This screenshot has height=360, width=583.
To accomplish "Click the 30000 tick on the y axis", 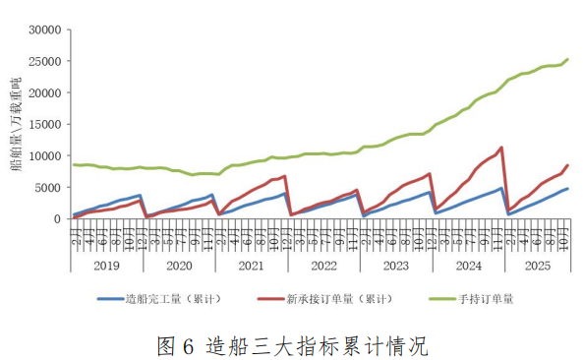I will (x=43, y=30).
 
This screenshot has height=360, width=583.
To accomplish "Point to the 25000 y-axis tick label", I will (x=43, y=61).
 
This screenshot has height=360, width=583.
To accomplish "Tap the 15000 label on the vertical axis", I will (x=43, y=124).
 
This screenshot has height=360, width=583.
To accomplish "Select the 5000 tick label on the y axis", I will (x=46, y=187).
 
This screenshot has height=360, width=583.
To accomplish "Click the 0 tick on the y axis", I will (x=56, y=218).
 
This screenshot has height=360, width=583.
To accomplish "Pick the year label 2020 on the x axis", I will (x=179, y=266).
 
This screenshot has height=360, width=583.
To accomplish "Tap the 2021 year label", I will (x=250, y=266).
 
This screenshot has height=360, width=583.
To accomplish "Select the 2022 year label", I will (x=321, y=266).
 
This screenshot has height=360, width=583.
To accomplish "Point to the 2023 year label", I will (x=393, y=266).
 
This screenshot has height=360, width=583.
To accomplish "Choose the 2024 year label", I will (x=465, y=266).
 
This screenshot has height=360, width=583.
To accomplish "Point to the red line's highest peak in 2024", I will (x=501, y=148).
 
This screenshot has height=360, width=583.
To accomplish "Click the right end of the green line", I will (x=567, y=59).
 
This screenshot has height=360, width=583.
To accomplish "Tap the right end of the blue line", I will (x=567, y=189).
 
